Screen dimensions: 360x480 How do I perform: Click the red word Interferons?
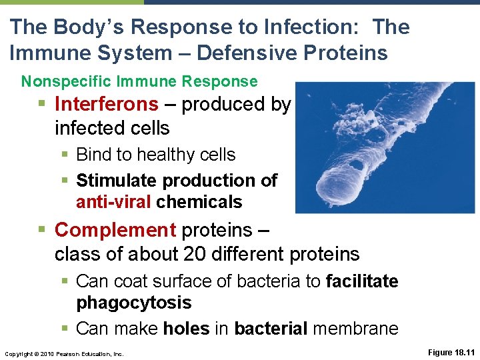pyautogui.click(x=107, y=105)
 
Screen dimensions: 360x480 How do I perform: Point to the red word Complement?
pyautogui.click(x=115, y=230)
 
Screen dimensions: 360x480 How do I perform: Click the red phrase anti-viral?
pyautogui.click(x=114, y=202)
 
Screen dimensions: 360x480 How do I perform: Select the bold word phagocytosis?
pyautogui.click(x=133, y=303)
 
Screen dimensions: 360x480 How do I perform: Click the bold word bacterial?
pyautogui.click(x=271, y=329)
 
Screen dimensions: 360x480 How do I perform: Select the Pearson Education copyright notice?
pyautogui.click(x=63, y=353)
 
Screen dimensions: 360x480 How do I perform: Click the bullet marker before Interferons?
pyautogui.click(x=44, y=105)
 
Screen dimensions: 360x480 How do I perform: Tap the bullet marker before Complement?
pyautogui.click(x=44, y=231)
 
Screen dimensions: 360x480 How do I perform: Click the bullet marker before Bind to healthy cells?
pyautogui.click(x=67, y=155)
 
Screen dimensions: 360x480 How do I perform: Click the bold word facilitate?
pyautogui.click(x=362, y=281)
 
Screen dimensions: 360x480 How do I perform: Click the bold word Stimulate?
pyautogui.click(x=117, y=181)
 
